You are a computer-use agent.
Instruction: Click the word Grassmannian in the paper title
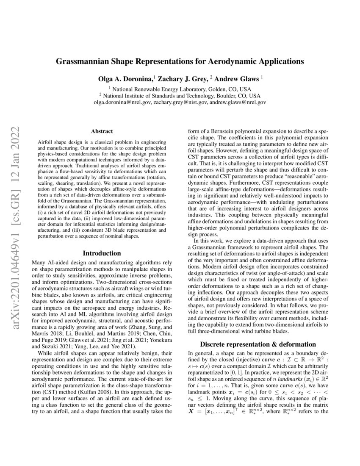tap(84, 61)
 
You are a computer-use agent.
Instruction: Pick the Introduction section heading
tap(101, 253)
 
